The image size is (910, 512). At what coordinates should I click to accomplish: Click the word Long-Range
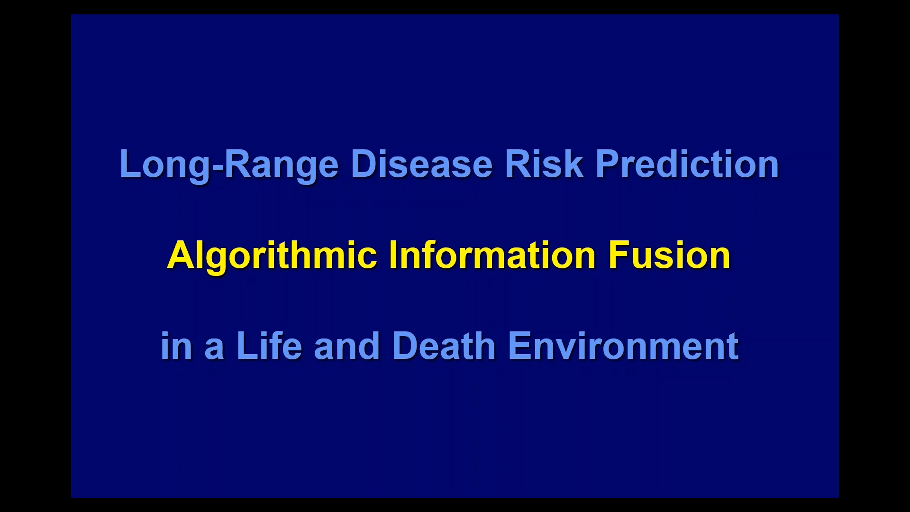click(x=229, y=165)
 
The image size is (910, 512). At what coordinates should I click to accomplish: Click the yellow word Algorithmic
click(x=272, y=256)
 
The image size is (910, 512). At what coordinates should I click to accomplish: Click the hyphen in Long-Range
click(x=216, y=167)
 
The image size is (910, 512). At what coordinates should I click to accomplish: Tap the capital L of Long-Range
click(x=131, y=164)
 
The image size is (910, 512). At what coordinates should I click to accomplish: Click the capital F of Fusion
click(x=619, y=255)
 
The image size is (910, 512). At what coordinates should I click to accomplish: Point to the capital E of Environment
click(x=520, y=345)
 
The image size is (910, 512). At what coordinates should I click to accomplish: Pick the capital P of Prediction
click(x=607, y=164)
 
